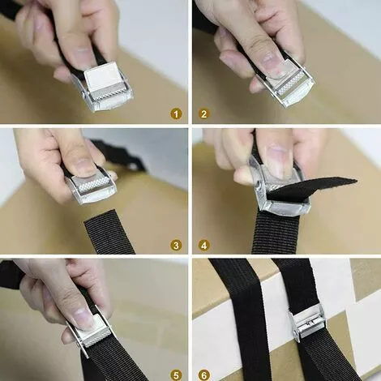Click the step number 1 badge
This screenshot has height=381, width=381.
(x=176, y=114)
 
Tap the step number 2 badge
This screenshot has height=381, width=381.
(x=204, y=114)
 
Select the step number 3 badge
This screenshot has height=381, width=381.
(x=176, y=246)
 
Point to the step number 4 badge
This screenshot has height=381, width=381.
(x=204, y=246)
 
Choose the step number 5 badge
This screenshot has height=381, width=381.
(x=176, y=375)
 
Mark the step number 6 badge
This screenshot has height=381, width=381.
(x=204, y=375)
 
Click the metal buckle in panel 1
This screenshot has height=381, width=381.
(x=103, y=87)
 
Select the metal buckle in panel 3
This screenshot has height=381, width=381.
(x=91, y=186)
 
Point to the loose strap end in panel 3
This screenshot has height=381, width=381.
(x=110, y=233)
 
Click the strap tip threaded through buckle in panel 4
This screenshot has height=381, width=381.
(x=310, y=189)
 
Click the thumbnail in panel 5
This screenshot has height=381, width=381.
(x=82, y=314)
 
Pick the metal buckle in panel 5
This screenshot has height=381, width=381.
(x=91, y=332)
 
